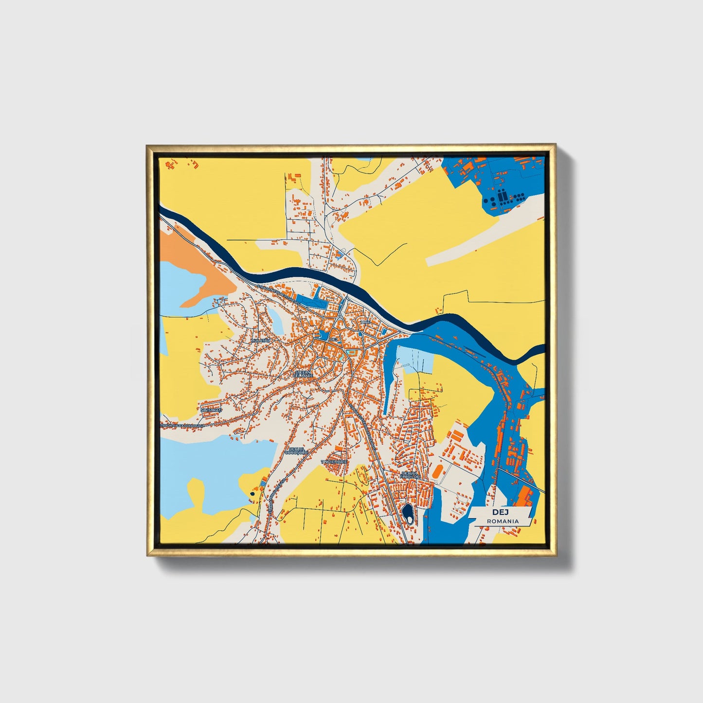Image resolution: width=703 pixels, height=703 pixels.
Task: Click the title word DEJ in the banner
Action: (500, 512)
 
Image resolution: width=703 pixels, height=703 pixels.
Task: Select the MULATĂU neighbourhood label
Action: (260, 341)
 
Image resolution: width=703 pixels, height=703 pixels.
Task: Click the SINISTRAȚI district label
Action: (211, 410)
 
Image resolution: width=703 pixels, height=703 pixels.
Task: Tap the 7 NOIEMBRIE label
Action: (334, 461)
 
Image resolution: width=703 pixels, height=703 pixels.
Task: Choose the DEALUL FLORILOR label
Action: (409, 474)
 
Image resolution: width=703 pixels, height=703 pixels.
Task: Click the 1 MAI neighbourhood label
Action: (365, 323)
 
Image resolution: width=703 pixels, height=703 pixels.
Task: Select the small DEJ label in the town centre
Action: (333, 339)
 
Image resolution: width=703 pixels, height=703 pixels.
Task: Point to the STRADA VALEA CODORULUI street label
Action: (180, 425)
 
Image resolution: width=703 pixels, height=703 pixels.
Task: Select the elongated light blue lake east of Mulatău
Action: (275, 321)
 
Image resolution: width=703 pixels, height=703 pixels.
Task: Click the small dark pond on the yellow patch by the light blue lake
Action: (252, 493)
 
